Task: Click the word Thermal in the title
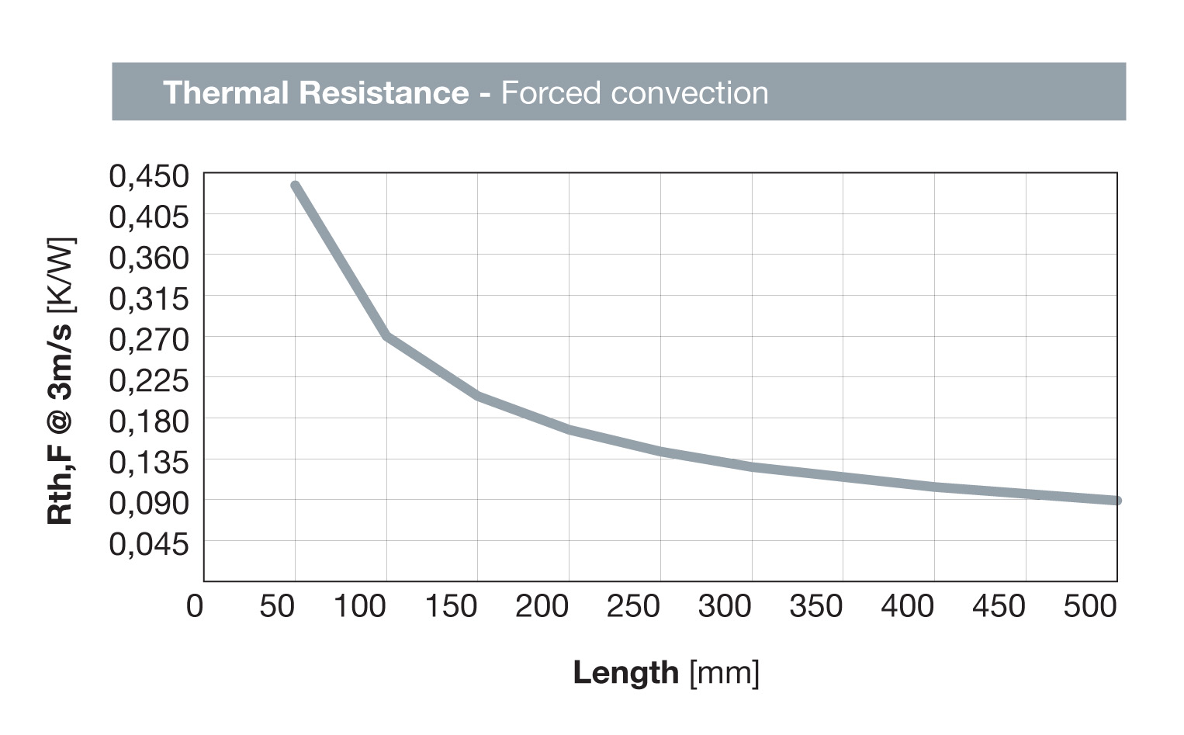[225, 92]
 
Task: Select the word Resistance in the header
[384, 92]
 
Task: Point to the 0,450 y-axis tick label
[149, 176]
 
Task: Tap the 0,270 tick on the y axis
[149, 340]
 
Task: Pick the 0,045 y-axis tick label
[149, 544]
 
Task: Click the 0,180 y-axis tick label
[149, 421]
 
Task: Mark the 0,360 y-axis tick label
[149, 258]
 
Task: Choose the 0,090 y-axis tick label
[149, 503]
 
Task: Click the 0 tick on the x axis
[195, 606]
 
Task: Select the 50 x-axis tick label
[277, 606]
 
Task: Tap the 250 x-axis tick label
[633, 606]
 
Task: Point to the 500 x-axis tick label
[1090, 606]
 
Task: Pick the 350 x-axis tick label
[816, 606]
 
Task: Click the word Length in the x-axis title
[625, 672]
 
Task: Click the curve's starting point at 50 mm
[295, 185]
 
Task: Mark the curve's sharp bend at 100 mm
[386, 336]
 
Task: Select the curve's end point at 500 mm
[1116, 501]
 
